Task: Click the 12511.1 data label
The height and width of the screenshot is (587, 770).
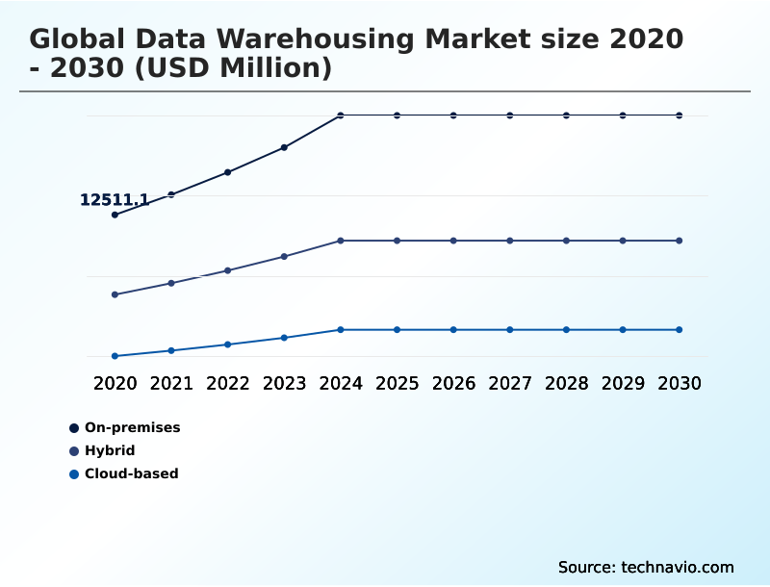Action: point(114,200)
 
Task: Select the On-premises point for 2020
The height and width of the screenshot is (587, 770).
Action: point(115,215)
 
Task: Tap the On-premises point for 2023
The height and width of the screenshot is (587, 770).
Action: point(284,147)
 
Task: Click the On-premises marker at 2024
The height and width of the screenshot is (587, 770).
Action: point(341,115)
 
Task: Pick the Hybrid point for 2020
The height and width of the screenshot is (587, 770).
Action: point(115,294)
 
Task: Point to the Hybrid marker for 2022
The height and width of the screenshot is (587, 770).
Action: point(228,270)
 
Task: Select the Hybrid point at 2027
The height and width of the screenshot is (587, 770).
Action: point(510,241)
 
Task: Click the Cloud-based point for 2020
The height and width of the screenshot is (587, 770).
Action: point(115,356)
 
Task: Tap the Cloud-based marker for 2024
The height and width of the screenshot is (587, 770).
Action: point(341,330)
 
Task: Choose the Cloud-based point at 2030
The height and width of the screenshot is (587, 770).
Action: point(680,330)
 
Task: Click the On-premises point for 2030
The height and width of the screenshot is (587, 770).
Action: point(680,115)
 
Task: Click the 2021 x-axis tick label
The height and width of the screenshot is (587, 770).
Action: point(171,383)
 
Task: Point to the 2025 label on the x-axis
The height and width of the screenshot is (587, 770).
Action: point(397,383)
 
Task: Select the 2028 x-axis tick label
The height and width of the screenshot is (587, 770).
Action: point(566,383)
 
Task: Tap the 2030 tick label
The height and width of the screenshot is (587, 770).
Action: point(680,383)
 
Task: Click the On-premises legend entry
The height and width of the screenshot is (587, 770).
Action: point(132,427)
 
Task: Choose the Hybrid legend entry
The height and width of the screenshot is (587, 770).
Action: point(109,450)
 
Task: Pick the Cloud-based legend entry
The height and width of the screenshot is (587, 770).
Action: point(131,473)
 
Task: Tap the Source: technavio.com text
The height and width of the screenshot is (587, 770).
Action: point(646,567)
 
